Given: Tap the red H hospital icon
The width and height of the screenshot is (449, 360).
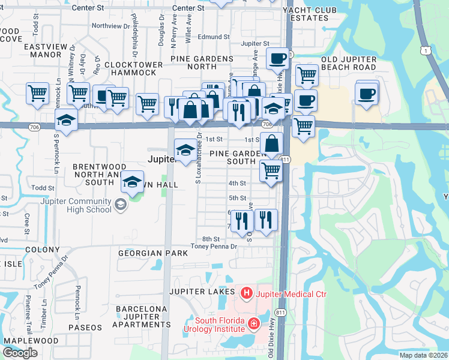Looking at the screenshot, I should point(246,293).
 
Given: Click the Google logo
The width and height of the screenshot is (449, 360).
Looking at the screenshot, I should point(20,353).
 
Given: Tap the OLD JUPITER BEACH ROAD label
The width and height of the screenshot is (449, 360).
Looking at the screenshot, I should point(349,63).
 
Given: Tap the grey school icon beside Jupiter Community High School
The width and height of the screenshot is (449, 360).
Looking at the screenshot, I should point(120,206).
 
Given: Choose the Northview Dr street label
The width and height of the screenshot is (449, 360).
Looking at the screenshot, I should point(111,26).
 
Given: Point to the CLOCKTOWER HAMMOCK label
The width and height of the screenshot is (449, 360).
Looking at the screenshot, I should point(130,68).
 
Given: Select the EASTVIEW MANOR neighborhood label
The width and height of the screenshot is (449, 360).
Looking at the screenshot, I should point(43,50).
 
